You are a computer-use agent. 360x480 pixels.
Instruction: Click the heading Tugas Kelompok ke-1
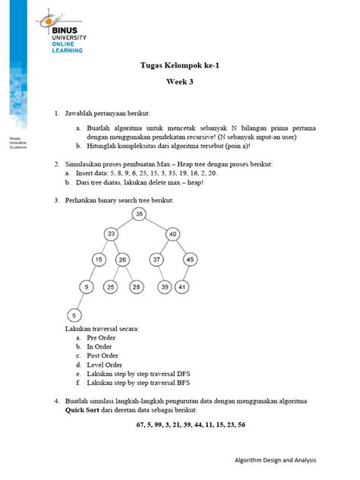pos(180,67)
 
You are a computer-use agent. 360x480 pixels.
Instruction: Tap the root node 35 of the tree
pos(139,215)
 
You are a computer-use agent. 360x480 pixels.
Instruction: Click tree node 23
pos(112,234)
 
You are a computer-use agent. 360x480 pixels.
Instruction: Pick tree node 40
pos(173,234)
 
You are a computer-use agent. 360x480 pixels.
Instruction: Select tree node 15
pos(99,260)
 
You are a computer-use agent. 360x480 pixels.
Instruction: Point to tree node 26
pos(122,260)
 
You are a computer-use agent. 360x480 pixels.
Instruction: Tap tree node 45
pos(191,260)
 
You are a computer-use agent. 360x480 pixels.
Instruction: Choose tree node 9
pos(87,286)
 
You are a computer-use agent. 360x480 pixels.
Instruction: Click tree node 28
pos(136,286)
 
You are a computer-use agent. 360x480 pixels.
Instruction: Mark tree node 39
pos(164,286)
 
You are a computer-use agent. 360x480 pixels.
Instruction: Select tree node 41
pos(183,286)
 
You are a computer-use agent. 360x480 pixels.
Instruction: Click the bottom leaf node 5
pos(74,314)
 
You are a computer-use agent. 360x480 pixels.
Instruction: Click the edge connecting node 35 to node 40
pos(156,224)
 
